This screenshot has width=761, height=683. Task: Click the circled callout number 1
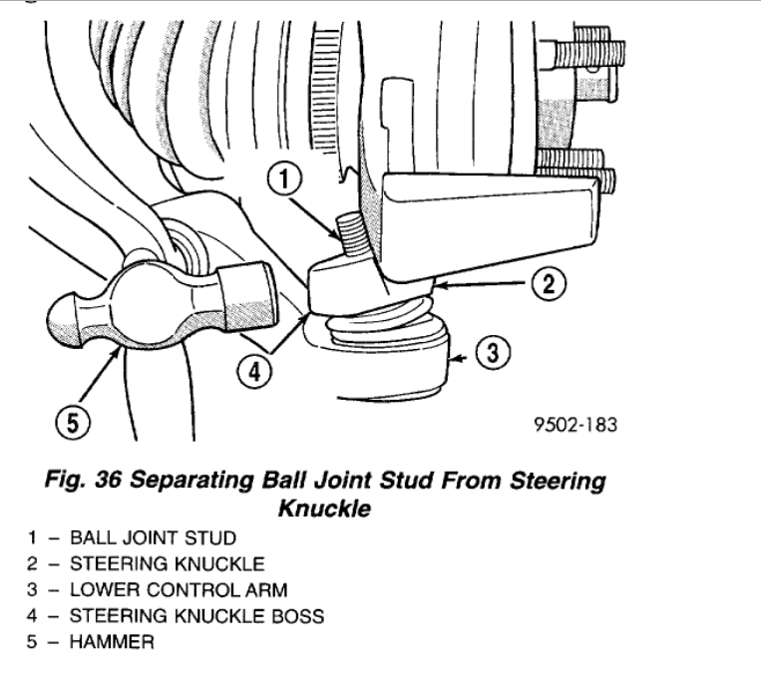pyautogui.click(x=285, y=181)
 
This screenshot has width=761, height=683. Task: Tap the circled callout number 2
pyautogui.click(x=548, y=285)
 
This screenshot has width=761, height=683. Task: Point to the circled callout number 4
pyautogui.click(x=254, y=371)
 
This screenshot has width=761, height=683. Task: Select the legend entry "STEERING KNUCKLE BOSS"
pyautogui.click(x=195, y=616)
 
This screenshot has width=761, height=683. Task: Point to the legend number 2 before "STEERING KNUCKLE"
pyautogui.click(x=32, y=564)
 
